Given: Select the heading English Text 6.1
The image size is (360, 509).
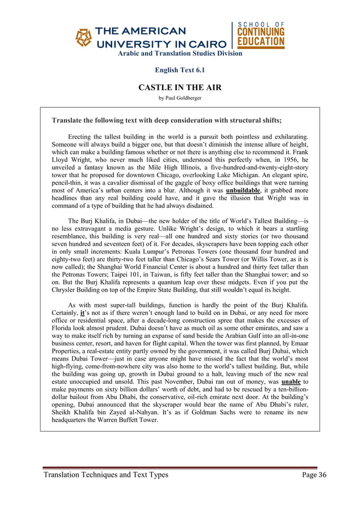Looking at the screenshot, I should coord(179,70).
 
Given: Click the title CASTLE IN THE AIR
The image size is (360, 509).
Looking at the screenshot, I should coord(179,87).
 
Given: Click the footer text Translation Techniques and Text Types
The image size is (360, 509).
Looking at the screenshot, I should coord(107,475).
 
